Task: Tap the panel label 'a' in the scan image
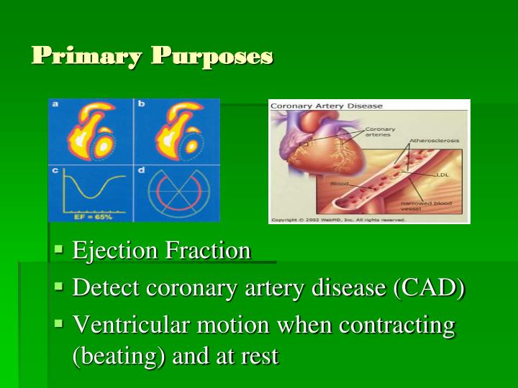[x=55, y=104]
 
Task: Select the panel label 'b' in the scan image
[x=141, y=104]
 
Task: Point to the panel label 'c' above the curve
[x=55, y=170]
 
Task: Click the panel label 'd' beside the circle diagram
[x=141, y=170]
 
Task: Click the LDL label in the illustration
[x=442, y=175]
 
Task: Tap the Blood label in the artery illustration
[x=339, y=184]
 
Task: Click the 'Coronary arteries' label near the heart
[x=379, y=131]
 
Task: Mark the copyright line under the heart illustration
[x=338, y=220]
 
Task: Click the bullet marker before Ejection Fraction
[x=59, y=250]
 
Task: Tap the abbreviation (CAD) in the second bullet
[x=430, y=288]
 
